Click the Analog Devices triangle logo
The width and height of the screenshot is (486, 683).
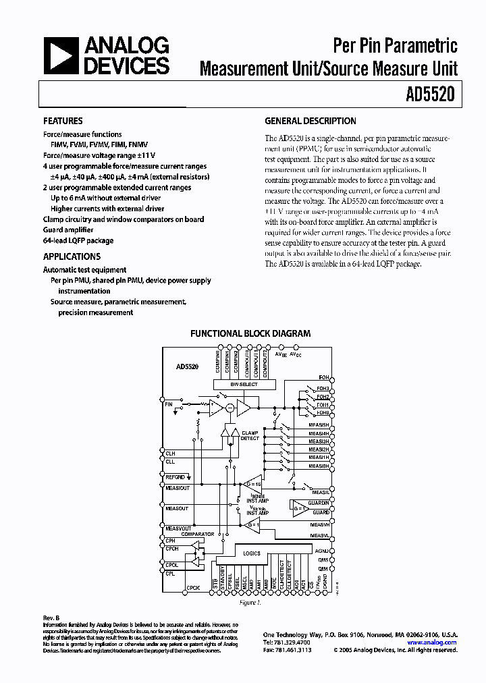coord(61,57)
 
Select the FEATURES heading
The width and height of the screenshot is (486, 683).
coord(63,121)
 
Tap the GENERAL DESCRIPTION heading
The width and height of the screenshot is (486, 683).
coord(310,121)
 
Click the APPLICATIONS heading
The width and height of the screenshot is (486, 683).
coord(72,256)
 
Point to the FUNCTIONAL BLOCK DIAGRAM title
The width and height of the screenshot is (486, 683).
coord(250,333)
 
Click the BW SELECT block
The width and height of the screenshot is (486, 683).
coord(244,384)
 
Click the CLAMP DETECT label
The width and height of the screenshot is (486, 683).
coord(250,435)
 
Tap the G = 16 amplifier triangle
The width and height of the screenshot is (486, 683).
coord(251,485)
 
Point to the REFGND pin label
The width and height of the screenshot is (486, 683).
coord(175,476)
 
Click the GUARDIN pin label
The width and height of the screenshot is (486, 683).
coord(319,503)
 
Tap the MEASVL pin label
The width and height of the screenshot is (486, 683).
coord(319,536)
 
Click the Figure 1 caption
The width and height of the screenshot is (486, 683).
coord(250,603)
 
